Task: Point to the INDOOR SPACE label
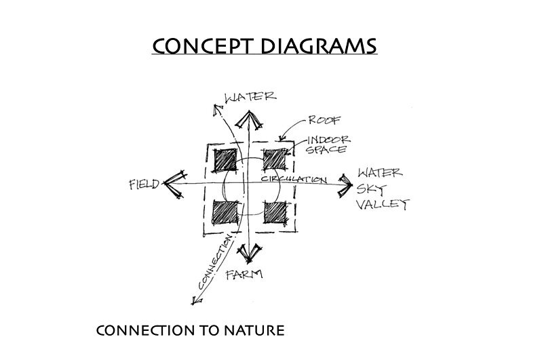coord(326,144)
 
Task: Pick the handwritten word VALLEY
coord(385,204)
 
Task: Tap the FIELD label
coord(143,184)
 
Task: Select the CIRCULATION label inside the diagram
coord(294,179)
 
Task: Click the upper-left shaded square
coord(225,160)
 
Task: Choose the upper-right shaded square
coord(274,160)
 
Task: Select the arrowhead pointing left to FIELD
coord(174,182)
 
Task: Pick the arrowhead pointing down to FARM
coord(248,252)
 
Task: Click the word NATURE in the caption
coord(248,332)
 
